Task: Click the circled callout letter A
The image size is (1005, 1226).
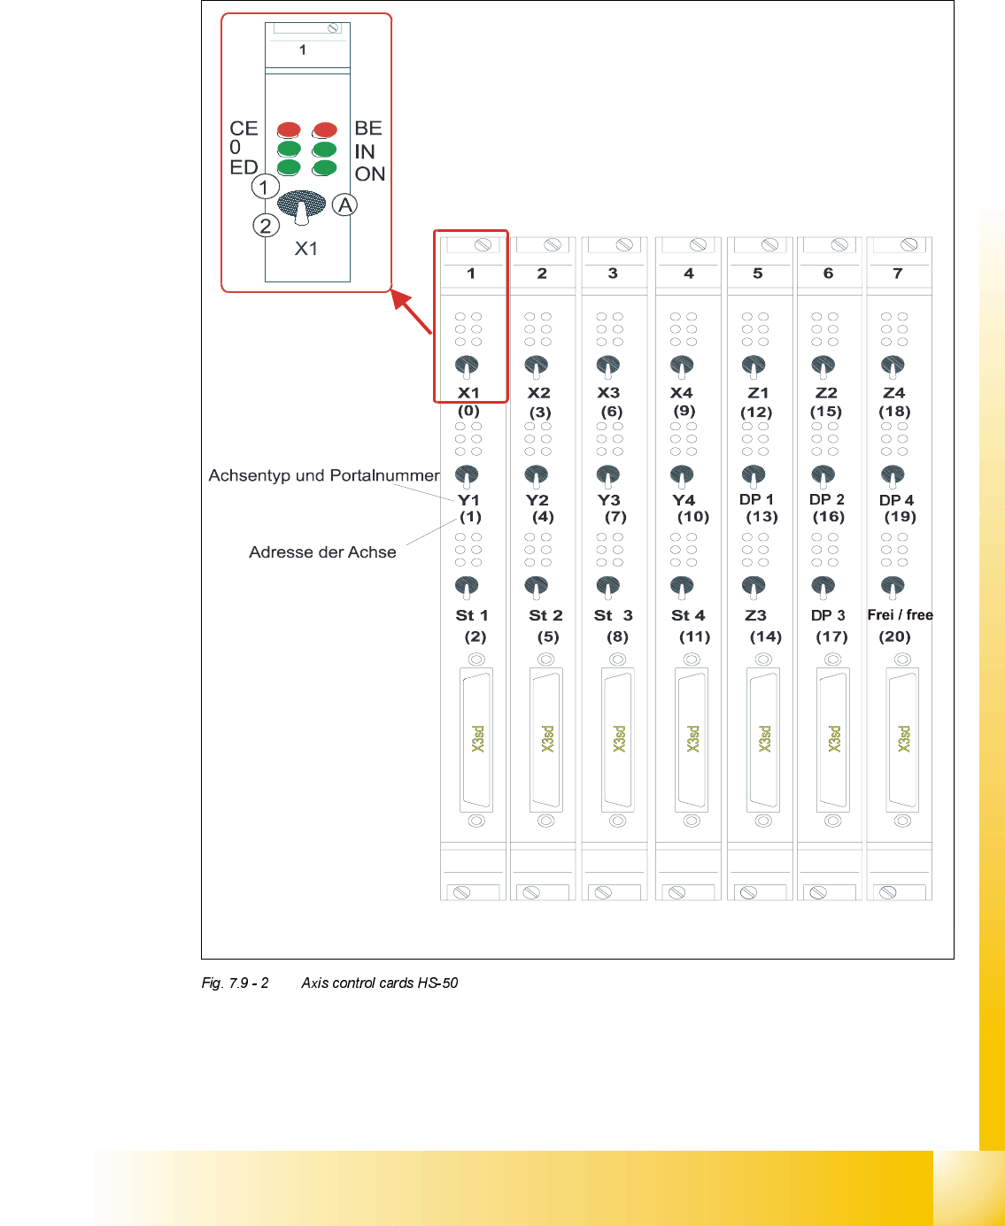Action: pyautogui.click(x=344, y=205)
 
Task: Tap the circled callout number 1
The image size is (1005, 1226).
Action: pyautogui.click(x=265, y=187)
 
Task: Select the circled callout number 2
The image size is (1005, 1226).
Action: pyautogui.click(x=266, y=226)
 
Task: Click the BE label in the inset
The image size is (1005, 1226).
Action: pyautogui.click(x=367, y=128)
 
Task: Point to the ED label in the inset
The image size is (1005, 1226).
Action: pyautogui.click(x=244, y=167)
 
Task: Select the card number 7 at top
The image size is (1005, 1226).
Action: pyautogui.click(x=898, y=274)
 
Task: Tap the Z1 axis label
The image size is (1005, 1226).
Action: pyautogui.click(x=758, y=393)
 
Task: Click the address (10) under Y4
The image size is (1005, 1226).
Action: pyautogui.click(x=693, y=517)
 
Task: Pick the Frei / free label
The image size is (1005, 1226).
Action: pyautogui.click(x=900, y=615)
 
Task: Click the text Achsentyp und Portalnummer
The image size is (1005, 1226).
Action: pyautogui.click(x=324, y=475)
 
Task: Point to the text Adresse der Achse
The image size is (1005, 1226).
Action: pyautogui.click(x=322, y=552)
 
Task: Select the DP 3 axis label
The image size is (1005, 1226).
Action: pyautogui.click(x=828, y=615)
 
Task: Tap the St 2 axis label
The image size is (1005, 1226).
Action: pyautogui.click(x=545, y=615)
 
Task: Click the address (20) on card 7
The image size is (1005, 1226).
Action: pyautogui.click(x=894, y=636)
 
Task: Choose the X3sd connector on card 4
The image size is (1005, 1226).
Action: pyautogui.click(x=692, y=739)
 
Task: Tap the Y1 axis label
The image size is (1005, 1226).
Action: pyautogui.click(x=468, y=500)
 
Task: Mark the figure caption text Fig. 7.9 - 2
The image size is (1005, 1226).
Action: pyautogui.click(x=235, y=983)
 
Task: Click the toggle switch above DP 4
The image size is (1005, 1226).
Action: pyautogui.click(x=893, y=476)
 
